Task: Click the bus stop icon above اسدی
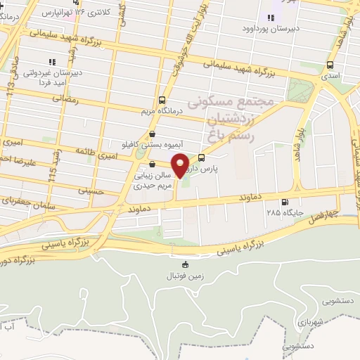(x=330, y=64)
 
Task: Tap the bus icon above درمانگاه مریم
(x=162, y=99)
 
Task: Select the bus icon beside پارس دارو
(x=202, y=157)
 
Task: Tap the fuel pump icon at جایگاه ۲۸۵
(x=284, y=200)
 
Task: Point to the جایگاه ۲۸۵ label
(x=283, y=211)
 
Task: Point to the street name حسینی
(x=89, y=190)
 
